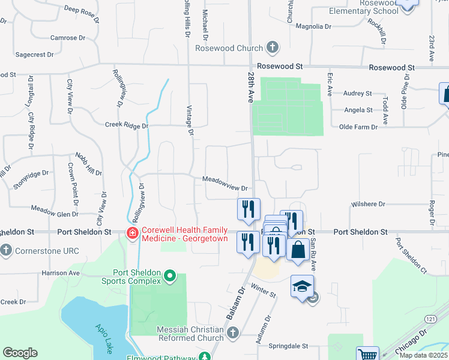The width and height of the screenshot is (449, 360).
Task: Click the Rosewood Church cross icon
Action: [x=273, y=48]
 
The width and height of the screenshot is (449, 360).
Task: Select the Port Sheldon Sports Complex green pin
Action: [x=170, y=277]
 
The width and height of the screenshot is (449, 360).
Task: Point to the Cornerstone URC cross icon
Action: [x=6, y=249]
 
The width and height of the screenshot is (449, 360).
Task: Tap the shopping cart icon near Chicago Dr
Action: [x=367, y=355]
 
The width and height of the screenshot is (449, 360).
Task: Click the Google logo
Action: [x=20, y=353]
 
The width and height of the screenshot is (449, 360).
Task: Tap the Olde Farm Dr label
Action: [x=358, y=127]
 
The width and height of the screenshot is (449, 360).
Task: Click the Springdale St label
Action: [x=288, y=346]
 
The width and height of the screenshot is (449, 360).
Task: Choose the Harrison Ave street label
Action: [x=61, y=273]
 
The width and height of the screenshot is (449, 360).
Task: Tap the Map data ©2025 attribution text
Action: [x=424, y=355]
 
